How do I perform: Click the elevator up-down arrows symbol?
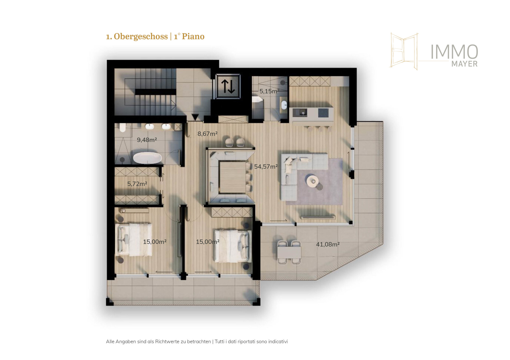228,86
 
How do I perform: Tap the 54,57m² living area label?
266,167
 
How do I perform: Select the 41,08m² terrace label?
328,244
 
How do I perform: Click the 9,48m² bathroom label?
147,140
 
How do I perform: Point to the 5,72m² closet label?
137,184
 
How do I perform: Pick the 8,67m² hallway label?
207,134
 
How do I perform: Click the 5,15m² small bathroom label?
269,91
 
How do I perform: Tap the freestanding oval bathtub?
147,158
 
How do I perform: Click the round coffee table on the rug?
312,181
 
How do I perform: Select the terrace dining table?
289,252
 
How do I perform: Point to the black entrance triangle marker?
195,117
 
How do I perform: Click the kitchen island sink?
303,113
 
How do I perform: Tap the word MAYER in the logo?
464,64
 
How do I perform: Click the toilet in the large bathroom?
123,128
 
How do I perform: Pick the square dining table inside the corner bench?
232,177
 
